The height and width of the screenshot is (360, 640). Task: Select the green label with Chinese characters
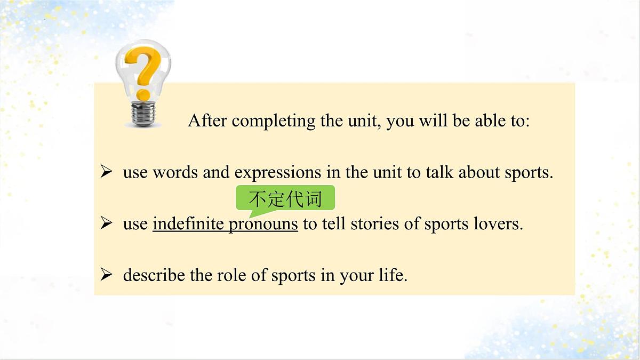point(285,199)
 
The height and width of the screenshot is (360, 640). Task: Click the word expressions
point(278,172)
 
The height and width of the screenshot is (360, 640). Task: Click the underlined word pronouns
point(263,225)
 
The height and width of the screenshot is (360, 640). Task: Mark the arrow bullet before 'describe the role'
point(106,275)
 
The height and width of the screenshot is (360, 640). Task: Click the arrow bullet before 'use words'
point(106,172)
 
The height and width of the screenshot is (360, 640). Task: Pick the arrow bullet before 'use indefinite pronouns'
point(106,223)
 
